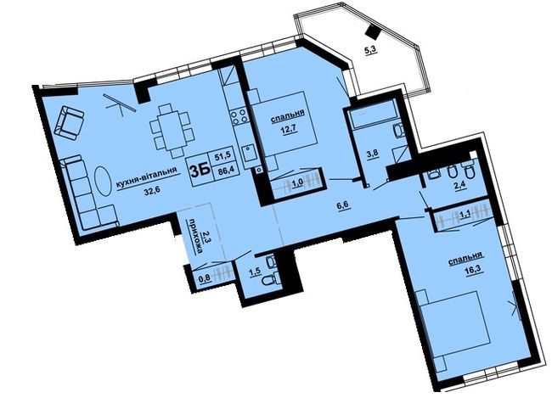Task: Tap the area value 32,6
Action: (x=151, y=192)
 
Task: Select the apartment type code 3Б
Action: (x=200, y=171)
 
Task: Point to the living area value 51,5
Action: (x=224, y=157)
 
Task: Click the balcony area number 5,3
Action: (x=371, y=51)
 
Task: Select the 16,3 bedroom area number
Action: (x=474, y=272)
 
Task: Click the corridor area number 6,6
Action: (x=342, y=206)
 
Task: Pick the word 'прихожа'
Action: (x=200, y=236)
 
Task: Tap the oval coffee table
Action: (x=103, y=180)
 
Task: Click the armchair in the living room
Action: (x=69, y=122)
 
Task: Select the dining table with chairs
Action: (x=172, y=131)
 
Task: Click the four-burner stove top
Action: (x=239, y=116)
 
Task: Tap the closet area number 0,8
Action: (x=205, y=278)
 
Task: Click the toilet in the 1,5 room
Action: (x=269, y=281)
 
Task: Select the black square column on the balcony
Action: (x=373, y=32)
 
